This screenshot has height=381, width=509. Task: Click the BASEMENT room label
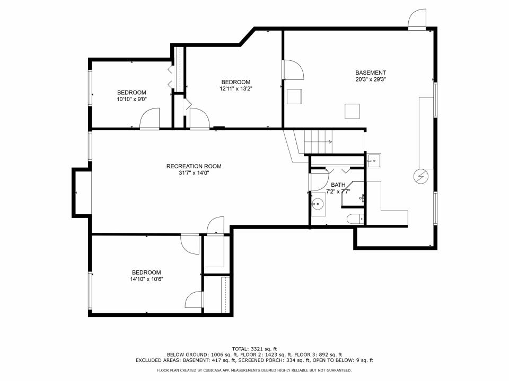click(x=371, y=72)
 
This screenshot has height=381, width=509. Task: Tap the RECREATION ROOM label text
click(x=194, y=166)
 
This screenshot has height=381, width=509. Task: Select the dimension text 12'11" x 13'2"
click(x=235, y=89)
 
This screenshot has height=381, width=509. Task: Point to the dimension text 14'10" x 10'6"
click(x=147, y=279)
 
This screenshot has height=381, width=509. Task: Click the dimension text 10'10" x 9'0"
click(x=131, y=99)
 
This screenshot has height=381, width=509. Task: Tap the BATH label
click(x=338, y=185)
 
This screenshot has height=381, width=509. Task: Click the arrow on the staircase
click(x=329, y=142)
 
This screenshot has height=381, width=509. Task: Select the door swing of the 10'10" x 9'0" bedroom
click(x=150, y=119)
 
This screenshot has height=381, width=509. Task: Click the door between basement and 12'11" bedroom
click(x=292, y=70)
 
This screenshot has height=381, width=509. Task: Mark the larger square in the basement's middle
click(x=353, y=112)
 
